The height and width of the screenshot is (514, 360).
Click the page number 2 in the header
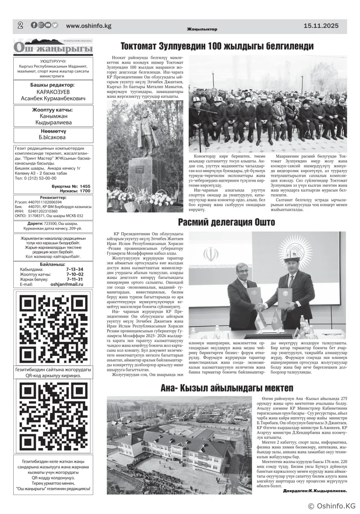point(20,25)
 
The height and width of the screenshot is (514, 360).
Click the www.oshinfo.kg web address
point(89,26)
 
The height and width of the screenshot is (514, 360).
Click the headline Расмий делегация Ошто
point(226,222)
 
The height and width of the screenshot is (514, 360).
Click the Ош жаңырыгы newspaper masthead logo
point(53,48)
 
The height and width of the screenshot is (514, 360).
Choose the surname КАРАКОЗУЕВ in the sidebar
point(53,92)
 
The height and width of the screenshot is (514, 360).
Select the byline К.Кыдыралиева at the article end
point(315,491)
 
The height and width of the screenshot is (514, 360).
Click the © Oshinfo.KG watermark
point(332,506)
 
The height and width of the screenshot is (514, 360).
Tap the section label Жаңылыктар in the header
point(202,29)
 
